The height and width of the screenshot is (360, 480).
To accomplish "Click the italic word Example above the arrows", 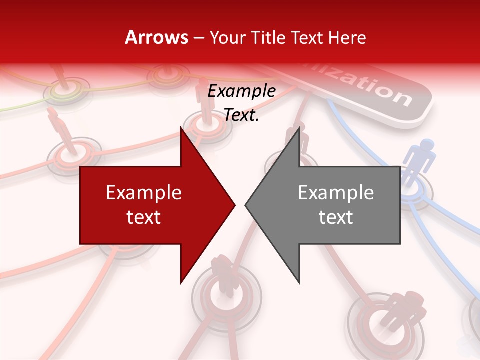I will (x=241, y=91).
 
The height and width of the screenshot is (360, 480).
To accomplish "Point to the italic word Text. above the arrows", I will (x=241, y=115).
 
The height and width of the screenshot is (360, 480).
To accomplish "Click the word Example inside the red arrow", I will (x=143, y=192).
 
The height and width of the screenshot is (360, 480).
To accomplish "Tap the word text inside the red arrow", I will (x=143, y=217).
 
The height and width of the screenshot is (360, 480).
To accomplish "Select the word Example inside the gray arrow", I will (x=336, y=192).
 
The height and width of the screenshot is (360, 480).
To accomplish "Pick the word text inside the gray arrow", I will (x=336, y=217).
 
